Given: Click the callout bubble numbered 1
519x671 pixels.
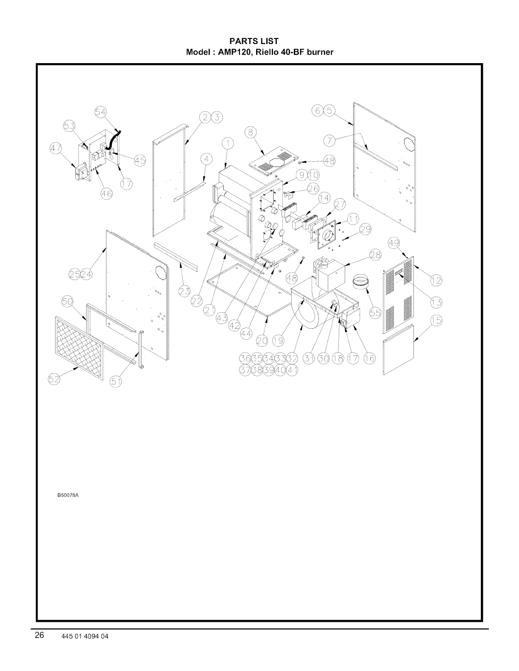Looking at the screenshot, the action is coord(228,144).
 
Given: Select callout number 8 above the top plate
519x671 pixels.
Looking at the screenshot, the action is coord(251,132).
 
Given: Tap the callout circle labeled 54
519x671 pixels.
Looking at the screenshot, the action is coord(100,112).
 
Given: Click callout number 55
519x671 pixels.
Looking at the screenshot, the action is coord(375,313).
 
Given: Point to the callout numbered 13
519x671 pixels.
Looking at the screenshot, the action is coord(435,302).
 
